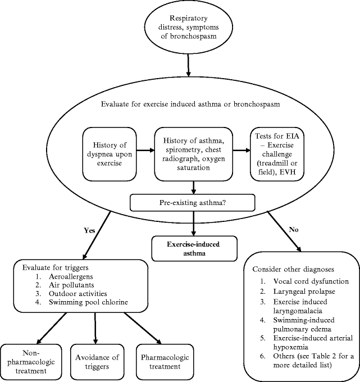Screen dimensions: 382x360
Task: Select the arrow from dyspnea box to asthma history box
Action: [145, 151]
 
